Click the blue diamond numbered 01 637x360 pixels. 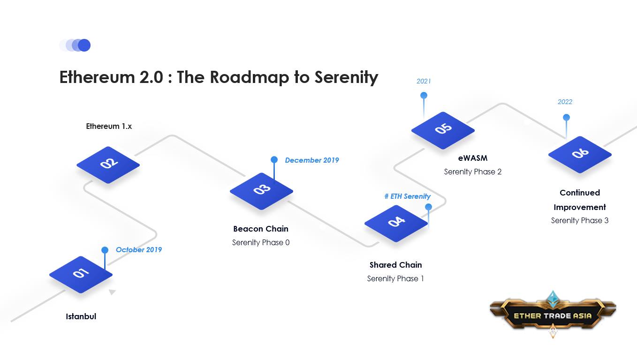click(x=81, y=275)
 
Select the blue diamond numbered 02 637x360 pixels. click(x=108, y=165)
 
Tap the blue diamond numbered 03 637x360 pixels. click(x=261, y=191)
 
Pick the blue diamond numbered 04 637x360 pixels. click(x=396, y=223)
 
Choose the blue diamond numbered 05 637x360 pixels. click(x=443, y=130)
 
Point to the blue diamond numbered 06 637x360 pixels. click(x=580, y=155)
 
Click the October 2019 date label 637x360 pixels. click(x=139, y=250)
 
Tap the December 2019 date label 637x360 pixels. click(x=312, y=160)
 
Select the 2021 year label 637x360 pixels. click(x=424, y=81)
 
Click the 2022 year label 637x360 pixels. click(x=565, y=102)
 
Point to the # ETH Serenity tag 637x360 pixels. click(x=408, y=196)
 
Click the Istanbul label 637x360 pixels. click(x=81, y=316)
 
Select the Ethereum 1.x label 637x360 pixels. click(x=109, y=126)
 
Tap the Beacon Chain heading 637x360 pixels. click(x=261, y=229)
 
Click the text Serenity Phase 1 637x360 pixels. click(x=395, y=279)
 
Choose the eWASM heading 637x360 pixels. click(x=473, y=158)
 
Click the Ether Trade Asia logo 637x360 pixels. click(x=553, y=315)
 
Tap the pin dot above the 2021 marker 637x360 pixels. click(x=424, y=95)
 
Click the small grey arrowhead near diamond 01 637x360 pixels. click(x=112, y=292)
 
